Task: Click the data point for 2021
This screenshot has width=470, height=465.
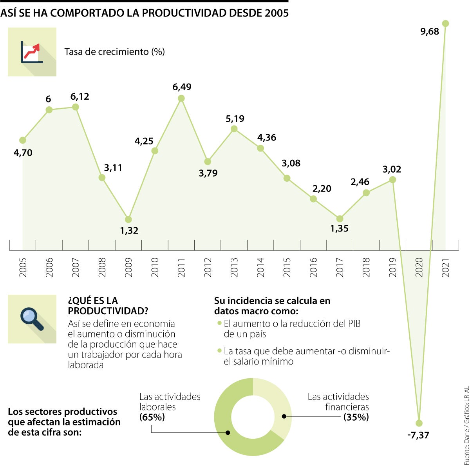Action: pyautogui.click(x=445, y=24)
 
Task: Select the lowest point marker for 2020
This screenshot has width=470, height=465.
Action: pyautogui.click(x=419, y=423)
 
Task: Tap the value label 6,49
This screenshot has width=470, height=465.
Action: pyautogui.click(x=182, y=87)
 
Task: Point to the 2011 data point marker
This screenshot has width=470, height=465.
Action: pyautogui.click(x=181, y=98)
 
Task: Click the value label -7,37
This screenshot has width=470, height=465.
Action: pyautogui.click(x=418, y=435)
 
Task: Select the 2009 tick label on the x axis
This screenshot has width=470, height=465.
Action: pyautogui.click(x=128, y=267)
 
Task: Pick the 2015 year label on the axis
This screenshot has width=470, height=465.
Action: pyautogui.click(x=287, y=267)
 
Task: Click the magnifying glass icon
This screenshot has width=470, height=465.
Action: pyautogui.click(x=32, y=319)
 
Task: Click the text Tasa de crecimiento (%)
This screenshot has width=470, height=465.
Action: pyautogui.click(x=114, y=52)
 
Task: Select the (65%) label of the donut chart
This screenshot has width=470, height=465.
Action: pyautogui.click(x=152, y=417)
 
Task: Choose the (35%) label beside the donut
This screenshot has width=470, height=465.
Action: pyautogui.click(x=356, y=417)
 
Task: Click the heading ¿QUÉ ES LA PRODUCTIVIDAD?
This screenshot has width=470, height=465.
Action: pyautogui.click(x=108, y=306)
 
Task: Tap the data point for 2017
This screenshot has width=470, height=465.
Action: pyautogui.click(x=340, y=219)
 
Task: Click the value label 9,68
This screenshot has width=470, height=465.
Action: pyautogui.click(x=430, y=32)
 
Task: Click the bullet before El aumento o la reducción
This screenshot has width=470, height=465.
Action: pyautogui.click(x=219, y=324)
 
